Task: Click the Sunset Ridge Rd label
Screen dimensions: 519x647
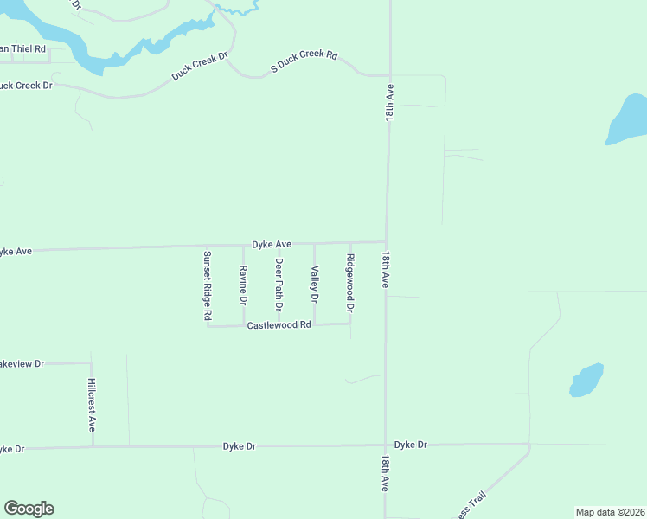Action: (208, 285)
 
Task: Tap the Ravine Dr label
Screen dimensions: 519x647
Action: (244, 285)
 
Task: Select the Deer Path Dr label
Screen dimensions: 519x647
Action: (279, 285)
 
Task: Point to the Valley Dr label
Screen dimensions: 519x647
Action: (315, 284)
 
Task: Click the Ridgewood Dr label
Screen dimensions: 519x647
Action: (350, 284)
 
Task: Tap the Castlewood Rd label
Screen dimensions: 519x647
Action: (279, 325)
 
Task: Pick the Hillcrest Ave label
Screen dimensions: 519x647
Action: (92, 405)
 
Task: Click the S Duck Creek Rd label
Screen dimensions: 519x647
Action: (304, 60)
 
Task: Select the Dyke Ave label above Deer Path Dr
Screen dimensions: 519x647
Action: (272, 245)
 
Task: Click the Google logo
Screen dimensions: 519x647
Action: (29, 509)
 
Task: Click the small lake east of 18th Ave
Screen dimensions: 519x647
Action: (586, 380)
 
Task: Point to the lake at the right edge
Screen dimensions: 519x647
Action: (628, 121)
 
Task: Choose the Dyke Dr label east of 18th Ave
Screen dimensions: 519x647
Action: (411, 445)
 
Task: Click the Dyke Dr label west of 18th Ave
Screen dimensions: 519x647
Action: (240, 446)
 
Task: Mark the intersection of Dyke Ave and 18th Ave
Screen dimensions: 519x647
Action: (386, 242)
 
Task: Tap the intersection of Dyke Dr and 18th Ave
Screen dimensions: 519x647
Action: (385, 445)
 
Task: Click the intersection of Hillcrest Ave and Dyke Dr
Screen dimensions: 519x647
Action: (92, 447)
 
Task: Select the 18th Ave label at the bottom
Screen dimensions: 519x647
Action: (386, 471)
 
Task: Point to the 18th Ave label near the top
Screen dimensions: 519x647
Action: (390, 102)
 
